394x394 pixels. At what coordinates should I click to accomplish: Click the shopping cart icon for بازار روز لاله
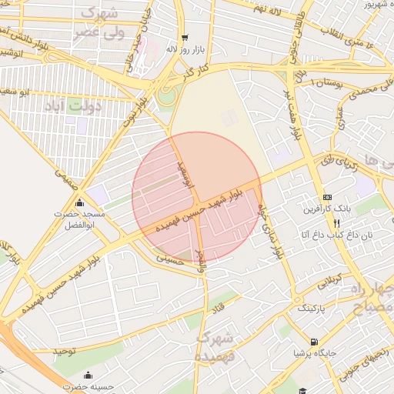click(x=184, y=37)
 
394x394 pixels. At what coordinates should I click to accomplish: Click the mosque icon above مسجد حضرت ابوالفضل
click(x=79, y=202)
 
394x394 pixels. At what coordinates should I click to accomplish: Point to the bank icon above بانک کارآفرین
click(x=326, y=197)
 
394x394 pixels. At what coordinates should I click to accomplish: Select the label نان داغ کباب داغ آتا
click(x=336, y=234)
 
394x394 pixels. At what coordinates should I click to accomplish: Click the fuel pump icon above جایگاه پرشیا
click(x=313, y=342)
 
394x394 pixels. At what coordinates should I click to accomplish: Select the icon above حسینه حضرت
click(x=88, y=376)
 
